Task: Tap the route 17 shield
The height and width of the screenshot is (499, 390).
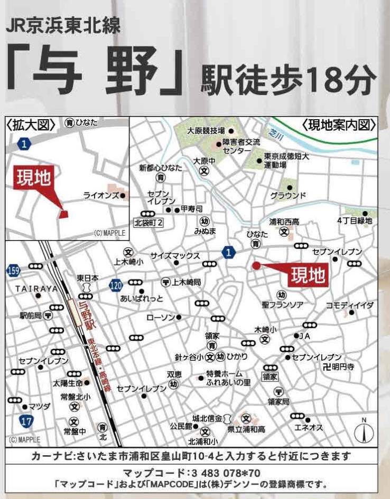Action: (24, 420)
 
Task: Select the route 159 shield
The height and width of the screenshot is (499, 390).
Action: (14, 271)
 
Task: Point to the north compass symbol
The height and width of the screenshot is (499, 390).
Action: (364, 431)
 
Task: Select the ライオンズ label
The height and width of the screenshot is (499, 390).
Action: (101, 195)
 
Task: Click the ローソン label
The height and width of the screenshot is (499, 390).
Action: (160, 317)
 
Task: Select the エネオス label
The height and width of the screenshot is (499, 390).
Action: (308, 427)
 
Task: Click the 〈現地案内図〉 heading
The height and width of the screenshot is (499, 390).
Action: (339, 125)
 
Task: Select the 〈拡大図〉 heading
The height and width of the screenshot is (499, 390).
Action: (31, 124)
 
